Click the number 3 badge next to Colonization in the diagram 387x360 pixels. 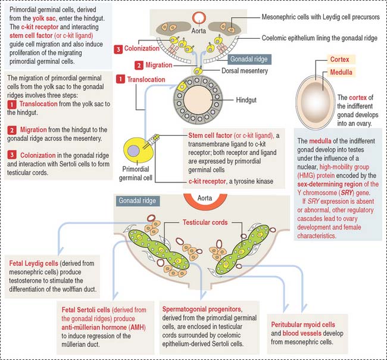pyautogui.click(x=118, y=48)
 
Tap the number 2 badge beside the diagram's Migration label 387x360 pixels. pyautogui.click(x=139, y=64)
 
